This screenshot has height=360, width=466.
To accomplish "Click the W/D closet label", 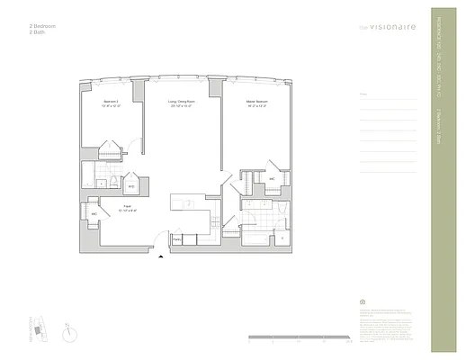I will pos(131,186).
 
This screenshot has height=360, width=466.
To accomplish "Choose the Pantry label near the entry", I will pos(177,238).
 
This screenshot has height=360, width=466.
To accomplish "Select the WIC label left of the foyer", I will pos(93,214).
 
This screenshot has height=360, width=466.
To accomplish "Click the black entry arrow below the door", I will pos(161,256).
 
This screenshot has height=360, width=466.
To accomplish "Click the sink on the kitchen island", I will pos(190,204).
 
